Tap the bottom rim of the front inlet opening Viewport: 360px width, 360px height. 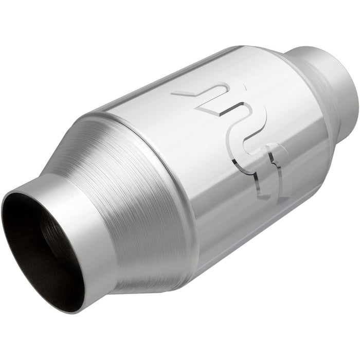[67, 309]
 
